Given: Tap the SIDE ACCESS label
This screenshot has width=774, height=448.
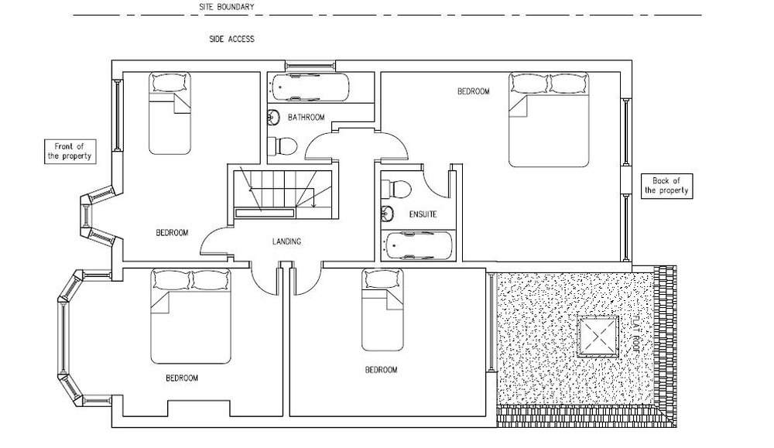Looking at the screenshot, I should pos(231,39).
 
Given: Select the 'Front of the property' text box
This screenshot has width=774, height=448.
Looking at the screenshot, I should pos(69,151).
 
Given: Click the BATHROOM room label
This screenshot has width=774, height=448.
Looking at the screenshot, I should pos(306,118).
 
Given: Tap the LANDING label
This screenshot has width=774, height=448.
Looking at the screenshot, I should pos(286,241).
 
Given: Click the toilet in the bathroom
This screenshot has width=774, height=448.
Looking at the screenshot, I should pos(283,145).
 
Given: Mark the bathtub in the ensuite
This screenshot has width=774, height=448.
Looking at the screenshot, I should pos(419,247).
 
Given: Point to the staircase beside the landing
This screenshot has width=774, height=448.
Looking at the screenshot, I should pos(282,191).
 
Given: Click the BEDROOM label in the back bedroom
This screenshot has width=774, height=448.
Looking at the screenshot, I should pos(473,91).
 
